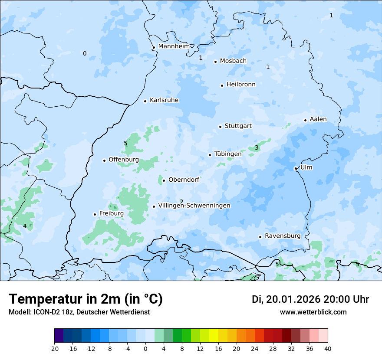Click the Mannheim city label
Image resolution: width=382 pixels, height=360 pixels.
point(174,46)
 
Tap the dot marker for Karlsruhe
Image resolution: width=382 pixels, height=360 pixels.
point(145,101)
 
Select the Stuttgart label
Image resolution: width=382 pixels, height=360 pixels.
point(238,126)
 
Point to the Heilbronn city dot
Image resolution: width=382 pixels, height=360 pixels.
point(222,85)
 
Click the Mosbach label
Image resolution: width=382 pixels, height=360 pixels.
point(233,61)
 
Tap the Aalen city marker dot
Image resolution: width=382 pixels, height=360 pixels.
point(305,120)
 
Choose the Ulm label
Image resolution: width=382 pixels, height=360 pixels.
point(306,167)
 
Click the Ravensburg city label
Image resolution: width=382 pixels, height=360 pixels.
point(283,236)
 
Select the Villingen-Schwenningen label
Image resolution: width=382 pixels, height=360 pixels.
point(194,206)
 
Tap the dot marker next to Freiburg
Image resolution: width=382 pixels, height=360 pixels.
point(95,214)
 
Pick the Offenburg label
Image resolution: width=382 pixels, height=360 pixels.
point(124,160)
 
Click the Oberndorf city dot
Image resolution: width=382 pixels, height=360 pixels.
point(164,180)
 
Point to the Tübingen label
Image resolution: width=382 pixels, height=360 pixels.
point(228,154)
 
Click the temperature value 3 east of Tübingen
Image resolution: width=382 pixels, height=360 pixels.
point(257,148)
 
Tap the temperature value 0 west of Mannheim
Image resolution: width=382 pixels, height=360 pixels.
point(85,54)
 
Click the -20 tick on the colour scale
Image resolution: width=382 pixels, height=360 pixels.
point(54,348)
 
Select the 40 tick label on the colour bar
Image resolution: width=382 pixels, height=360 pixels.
point(328,348)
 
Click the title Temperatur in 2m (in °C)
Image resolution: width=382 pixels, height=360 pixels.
point(86,299)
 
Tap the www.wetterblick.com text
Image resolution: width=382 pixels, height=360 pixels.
point(313,312)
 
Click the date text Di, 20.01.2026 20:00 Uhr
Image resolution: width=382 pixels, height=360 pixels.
point(310,299)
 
